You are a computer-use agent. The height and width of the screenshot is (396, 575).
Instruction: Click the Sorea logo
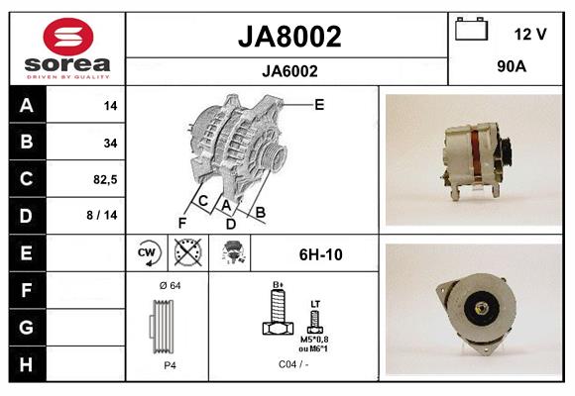tap(65, 49)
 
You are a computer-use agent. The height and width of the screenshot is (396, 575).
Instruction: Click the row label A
tap(25, 105)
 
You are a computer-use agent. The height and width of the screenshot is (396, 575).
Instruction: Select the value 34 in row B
tap(110, 143)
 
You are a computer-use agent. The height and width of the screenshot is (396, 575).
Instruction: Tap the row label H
tap(25, 365)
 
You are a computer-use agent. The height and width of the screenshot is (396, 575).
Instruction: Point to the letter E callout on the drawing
tap(319, 104)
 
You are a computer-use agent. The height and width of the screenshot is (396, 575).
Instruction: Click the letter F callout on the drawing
tap(182, 223)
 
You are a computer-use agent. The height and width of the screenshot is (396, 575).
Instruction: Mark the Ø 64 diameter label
tap(169, 286)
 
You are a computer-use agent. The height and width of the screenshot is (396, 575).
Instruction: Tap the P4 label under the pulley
tap(170, 365)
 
